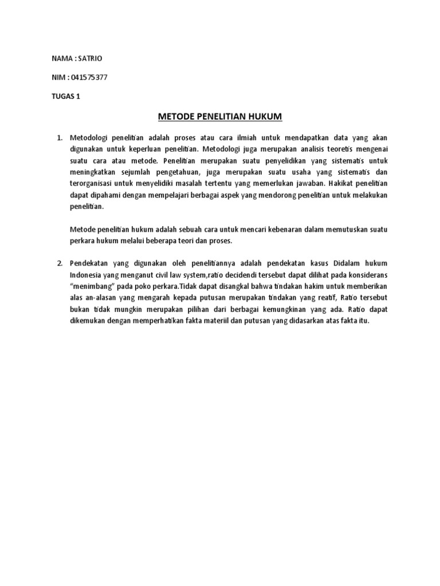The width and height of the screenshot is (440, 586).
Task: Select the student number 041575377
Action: tap(87, 78)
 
